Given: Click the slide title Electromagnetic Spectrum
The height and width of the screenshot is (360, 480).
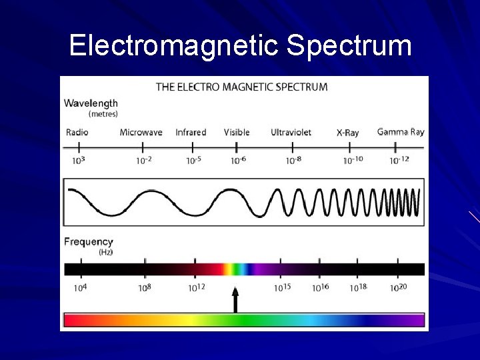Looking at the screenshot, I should point(240,45).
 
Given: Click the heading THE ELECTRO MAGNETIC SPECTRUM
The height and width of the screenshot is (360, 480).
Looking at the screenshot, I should point(242,87).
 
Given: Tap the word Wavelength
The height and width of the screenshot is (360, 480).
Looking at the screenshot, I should point(91,103).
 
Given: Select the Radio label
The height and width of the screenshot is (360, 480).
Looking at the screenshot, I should point(77,132).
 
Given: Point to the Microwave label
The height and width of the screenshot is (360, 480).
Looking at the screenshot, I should point(141,132).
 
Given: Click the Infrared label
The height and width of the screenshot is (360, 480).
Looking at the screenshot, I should point(191,132).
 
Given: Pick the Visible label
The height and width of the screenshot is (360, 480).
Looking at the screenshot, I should point(237,132).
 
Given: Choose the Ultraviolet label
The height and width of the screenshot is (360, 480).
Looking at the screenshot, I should point(291,132).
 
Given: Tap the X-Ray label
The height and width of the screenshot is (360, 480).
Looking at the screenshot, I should point(348,133).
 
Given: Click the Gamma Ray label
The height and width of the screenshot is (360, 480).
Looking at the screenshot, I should point(401,131).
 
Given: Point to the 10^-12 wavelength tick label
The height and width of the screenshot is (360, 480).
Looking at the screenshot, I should point(400,160).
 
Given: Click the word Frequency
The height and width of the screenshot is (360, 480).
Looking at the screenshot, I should point(89,241).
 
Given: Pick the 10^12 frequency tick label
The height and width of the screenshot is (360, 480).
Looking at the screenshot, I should point(195,288).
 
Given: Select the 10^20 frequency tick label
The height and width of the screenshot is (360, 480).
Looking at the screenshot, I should point(399,288).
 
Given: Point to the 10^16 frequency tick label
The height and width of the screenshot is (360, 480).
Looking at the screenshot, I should point(321,288).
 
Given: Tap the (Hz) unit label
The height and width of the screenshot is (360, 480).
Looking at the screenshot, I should point(105,253).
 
